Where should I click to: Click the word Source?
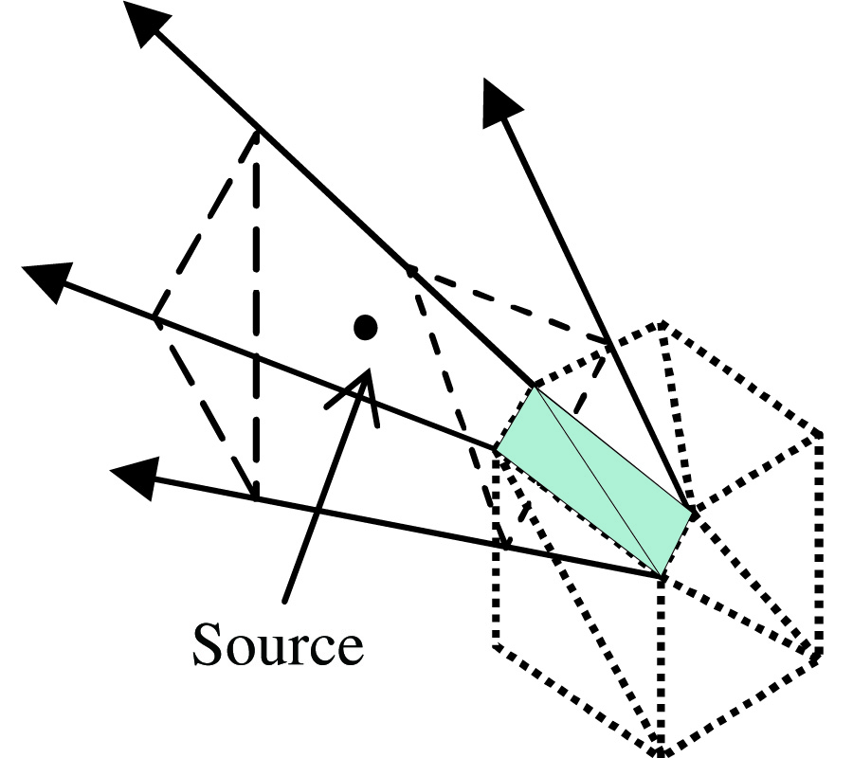278,645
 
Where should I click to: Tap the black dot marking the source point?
365,327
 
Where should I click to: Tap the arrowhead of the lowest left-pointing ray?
133,474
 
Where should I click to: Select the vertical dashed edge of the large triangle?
256,313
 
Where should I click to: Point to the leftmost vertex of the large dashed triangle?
155,318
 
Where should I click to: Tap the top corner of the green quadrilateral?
535,388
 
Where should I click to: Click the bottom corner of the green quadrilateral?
660,574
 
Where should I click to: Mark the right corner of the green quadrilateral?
694,512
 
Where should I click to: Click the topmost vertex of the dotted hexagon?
660,325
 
